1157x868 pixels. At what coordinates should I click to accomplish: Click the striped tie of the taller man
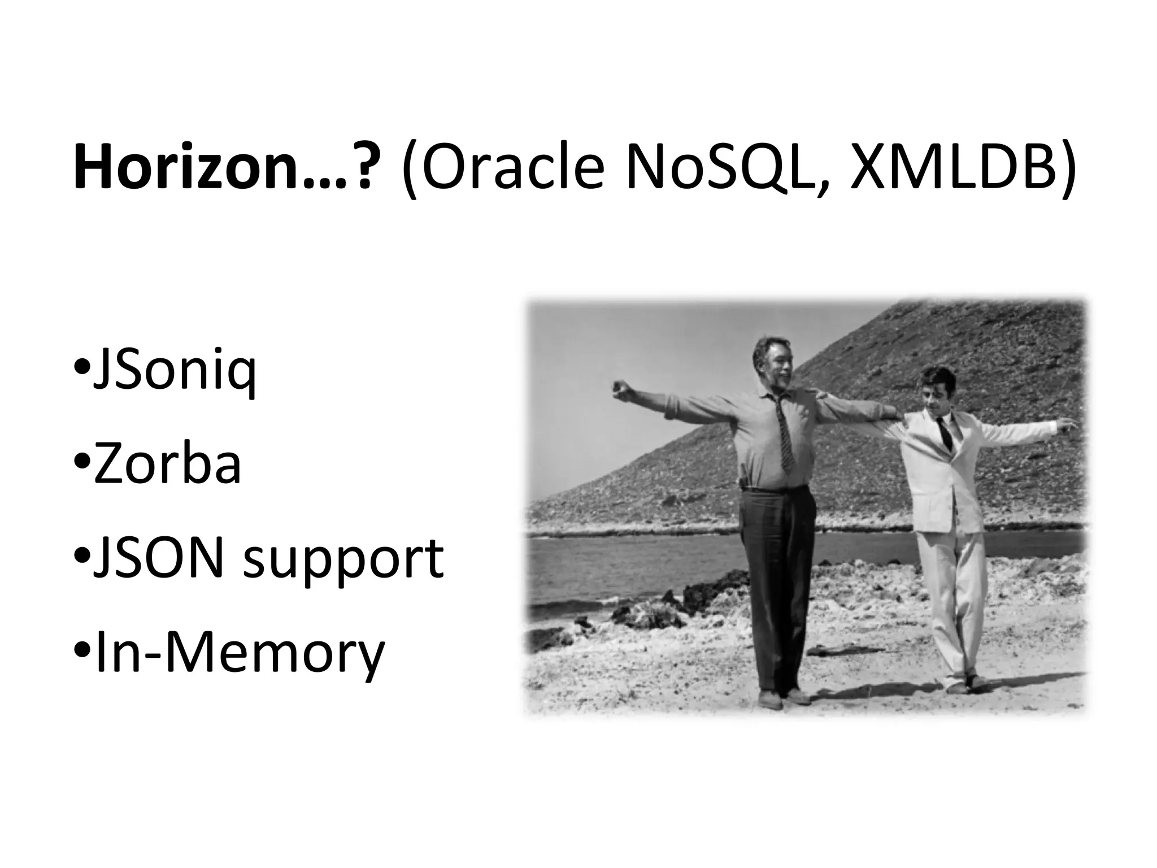coord(782,432)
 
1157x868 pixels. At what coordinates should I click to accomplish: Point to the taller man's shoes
coord(782,698)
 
